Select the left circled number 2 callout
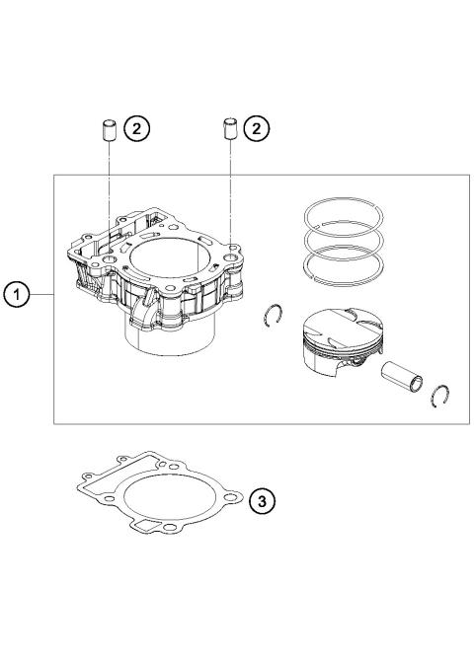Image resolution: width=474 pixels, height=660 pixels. [x=140, y=127]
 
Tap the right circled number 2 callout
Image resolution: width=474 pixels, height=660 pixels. [x=257, y=127]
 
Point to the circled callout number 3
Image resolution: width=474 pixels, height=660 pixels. [x=260, y=501]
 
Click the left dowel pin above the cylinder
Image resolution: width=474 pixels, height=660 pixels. [x=110, y=129]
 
